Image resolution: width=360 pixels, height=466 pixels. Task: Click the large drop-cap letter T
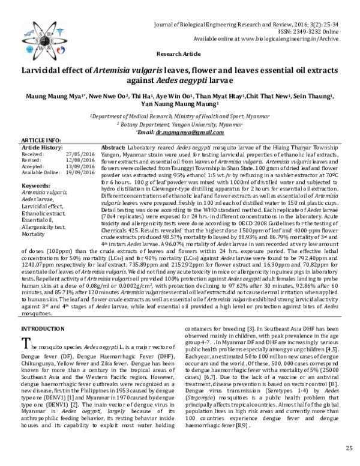tap(26, 343)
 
